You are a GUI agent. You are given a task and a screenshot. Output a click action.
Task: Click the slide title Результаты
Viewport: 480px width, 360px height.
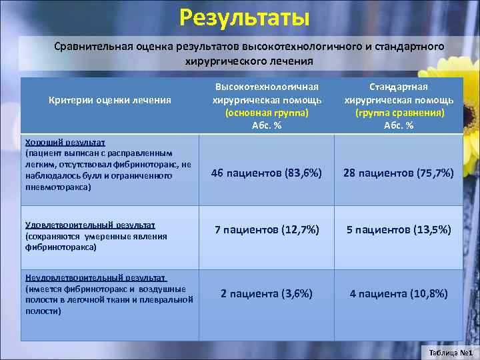click(x=244, y=17)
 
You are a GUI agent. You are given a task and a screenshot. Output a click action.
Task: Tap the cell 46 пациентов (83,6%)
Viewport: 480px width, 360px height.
click(x=267, y=173)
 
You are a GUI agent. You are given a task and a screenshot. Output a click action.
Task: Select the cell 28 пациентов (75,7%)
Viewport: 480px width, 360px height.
click(x=399, y=173)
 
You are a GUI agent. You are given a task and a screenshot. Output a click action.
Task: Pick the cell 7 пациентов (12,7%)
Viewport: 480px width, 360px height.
click(x=267, y=230)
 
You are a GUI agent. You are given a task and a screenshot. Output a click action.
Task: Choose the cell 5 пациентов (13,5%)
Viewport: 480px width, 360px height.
click(x=399, y=230)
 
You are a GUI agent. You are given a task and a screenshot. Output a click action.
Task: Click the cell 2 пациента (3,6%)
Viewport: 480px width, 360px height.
click(x=267, y=293)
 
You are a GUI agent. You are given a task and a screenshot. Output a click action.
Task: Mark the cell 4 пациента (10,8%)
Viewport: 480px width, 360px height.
click(x=399, y=293)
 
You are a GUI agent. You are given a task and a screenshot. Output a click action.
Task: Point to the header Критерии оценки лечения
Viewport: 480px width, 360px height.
click(x=110, y=100)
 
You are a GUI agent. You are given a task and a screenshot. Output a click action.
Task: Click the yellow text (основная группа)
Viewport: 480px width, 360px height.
click(x=267, y=113)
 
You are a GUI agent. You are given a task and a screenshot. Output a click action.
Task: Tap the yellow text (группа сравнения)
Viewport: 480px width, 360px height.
click(x=399, y=113)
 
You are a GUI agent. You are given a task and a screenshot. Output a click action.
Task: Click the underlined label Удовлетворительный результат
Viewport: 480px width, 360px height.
click(x=89, y=225)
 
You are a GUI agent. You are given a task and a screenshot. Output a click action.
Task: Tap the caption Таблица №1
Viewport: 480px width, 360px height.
click(x=451, y=352)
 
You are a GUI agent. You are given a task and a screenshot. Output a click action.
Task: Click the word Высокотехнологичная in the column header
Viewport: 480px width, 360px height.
click(x=267, y=87)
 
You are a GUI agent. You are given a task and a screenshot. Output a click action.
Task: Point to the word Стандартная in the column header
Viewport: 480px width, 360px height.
click(x=399, y=87)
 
